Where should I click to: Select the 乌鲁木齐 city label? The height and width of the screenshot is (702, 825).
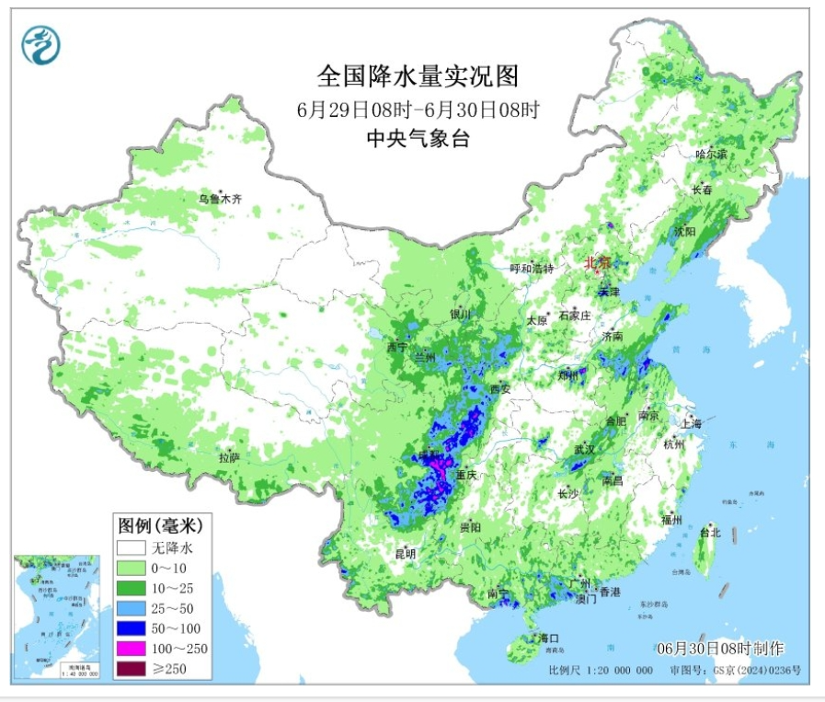(221, 198)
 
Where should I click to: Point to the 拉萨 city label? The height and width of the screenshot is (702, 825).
(229, 457)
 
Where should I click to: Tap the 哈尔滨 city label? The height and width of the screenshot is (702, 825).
(710, 155)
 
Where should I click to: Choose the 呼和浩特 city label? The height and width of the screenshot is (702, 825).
(533, 269)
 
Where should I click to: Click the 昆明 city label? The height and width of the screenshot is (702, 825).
(405, 554)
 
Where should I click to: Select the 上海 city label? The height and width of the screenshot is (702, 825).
(692, 423)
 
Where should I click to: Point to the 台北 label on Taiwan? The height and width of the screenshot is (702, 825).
(710, 533)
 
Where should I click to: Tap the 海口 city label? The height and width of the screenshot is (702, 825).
(549, 638)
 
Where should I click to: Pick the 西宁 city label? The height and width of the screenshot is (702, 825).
(397, 348)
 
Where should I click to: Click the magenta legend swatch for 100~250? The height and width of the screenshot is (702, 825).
(132, 649)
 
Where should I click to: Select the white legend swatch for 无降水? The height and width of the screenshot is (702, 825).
(132, 547)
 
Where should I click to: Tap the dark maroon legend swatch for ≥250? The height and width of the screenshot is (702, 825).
(132, 669)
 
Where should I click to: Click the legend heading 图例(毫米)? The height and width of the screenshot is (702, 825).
(159, 526)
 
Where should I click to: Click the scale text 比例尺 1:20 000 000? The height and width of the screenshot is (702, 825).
(601, 670)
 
